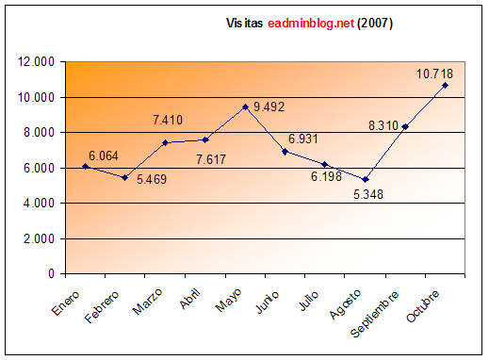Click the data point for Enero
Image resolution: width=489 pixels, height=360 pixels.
[x=84, y=166]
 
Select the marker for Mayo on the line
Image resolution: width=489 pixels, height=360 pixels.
[x=245, y=106]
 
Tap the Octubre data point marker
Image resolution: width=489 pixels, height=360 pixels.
[x=445, y=85]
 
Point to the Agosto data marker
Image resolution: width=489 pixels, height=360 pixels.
[x=365, y=179]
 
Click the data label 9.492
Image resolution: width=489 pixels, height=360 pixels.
[x=274, y=106]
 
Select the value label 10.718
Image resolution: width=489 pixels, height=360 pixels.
[x=436, y=72]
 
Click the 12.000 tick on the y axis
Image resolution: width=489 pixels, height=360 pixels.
[x=36, y=62]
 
